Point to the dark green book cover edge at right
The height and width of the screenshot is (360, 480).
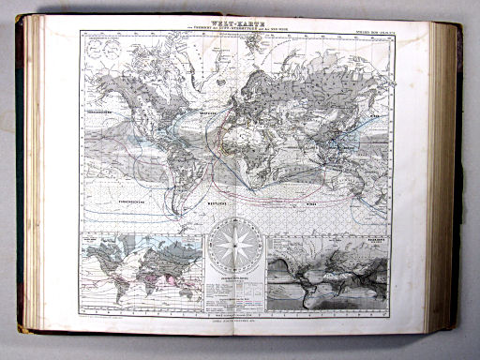(459, 178)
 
